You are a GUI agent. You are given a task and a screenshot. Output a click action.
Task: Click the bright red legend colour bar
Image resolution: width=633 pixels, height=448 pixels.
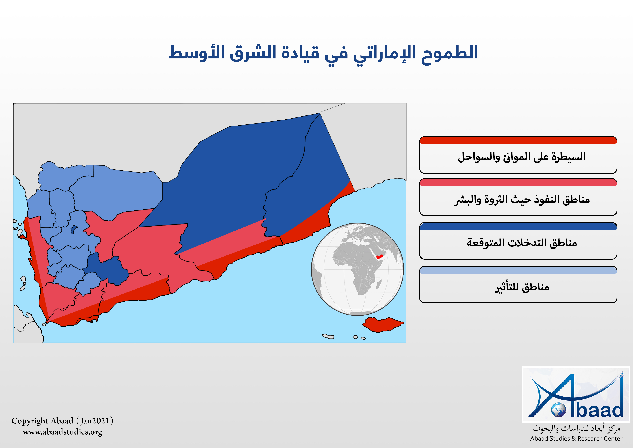tap(518, 140)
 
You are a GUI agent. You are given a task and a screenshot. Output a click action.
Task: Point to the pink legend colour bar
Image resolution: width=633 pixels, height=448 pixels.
tap(518, 182)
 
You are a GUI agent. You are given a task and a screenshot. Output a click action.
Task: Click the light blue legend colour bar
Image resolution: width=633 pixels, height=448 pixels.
tap(518, 270)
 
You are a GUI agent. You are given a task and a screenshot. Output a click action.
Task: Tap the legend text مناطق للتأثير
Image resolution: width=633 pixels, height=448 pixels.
tap(522, 287)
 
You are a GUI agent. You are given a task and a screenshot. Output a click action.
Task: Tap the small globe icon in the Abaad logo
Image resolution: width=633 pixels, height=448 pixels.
tap(558, 410)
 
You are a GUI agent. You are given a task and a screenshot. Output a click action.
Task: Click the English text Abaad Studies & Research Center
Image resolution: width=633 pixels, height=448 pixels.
tap(576, 439)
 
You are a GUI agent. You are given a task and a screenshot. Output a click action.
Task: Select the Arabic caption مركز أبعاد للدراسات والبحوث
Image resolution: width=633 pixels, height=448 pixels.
tap(576, 428)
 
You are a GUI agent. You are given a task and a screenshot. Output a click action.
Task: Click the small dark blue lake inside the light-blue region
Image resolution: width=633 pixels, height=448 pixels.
tap(74, 229)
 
